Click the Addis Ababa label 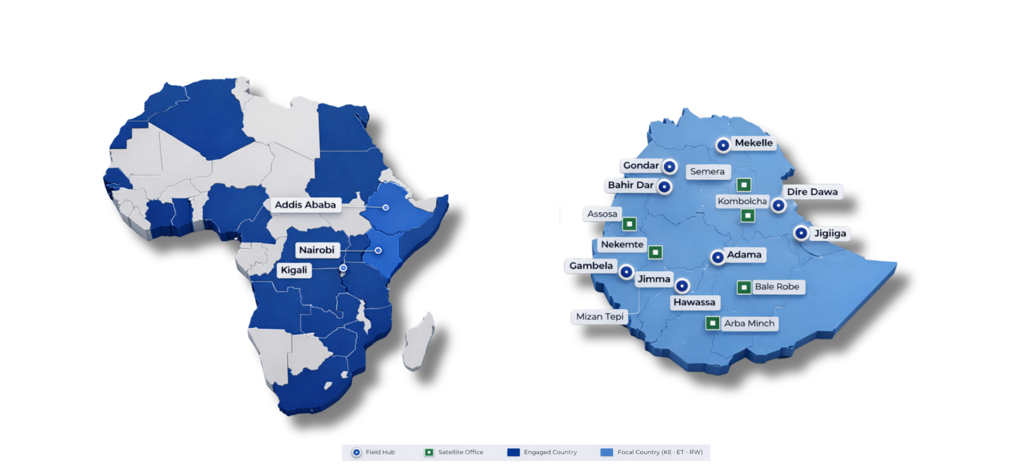click(x=305, y=205)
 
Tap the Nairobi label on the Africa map click(x=317, y=250)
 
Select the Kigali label click(x=294, y=270)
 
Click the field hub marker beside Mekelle click(x=723, y=145)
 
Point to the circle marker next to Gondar click(x=669, y=167)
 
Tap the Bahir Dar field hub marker click(x=664, y=187)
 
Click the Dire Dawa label click(x=812, y=192)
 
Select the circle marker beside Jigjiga click(x=801, y=233)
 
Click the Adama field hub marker click(x=717, y=257)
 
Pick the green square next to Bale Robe click(x=744, y=288)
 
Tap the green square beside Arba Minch click(x=713, y=323)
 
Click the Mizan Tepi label click(x=600, y=317)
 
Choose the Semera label click(x=707, y=171)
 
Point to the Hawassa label click(x=694, y=302)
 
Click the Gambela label click(x=591, y=266)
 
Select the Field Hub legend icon click(x=356, y=452)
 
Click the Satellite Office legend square click(x=429, y=452)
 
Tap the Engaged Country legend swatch click(x=513, y=452)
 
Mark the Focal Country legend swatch click(x=606, y=452)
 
